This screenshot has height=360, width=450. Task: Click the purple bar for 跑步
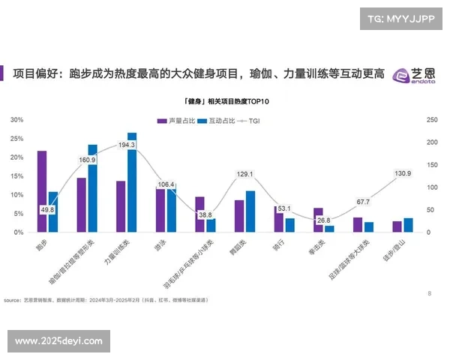pos(42,191)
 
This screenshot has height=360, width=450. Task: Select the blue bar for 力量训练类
pos(132,182)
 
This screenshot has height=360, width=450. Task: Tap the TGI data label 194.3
pos(127,145)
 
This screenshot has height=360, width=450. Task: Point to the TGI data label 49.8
pos(47,210)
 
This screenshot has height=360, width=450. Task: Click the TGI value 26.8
pos(323,220)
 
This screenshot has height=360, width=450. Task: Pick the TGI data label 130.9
pos(403,174)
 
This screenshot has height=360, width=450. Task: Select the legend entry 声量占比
pos(176,120)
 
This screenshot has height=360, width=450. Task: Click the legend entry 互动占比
pos(217,120)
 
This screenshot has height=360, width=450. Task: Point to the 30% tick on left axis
pos(16,120)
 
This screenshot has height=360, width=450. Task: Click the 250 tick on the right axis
pos(431,120)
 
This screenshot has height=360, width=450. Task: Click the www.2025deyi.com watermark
pos(58,341)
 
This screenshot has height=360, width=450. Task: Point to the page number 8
pos(429,293)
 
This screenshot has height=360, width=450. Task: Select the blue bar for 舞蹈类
pos(250,211)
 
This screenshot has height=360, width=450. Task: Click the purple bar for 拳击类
pos(318,220)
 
